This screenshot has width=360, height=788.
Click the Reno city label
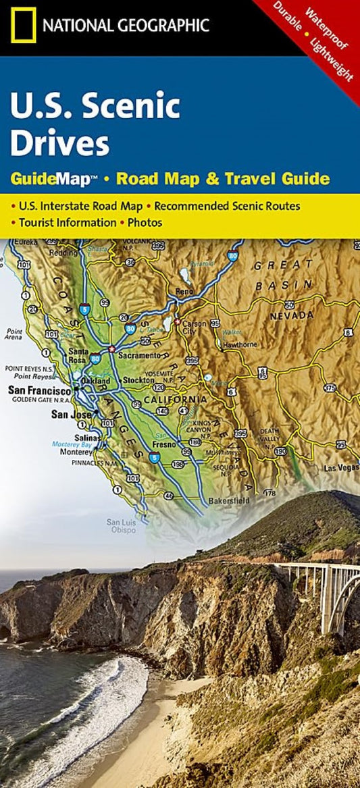pos(184,291)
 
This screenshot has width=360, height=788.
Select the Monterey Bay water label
pos(69,444)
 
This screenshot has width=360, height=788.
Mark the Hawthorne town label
pos(240,344)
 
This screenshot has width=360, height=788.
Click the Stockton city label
pos(138,380)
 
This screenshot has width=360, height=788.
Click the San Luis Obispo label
pos(122,525)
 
